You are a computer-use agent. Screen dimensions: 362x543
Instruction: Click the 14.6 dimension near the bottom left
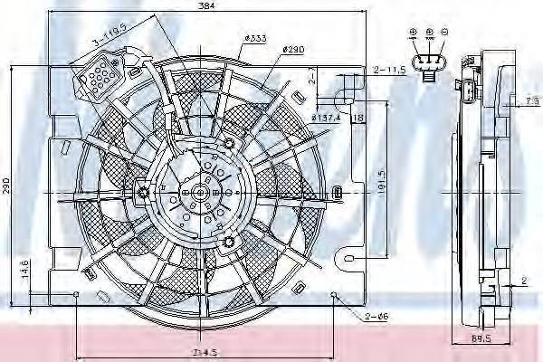(x=24, y=270)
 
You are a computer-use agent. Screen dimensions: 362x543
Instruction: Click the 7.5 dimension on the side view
(x=532, y=100)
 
